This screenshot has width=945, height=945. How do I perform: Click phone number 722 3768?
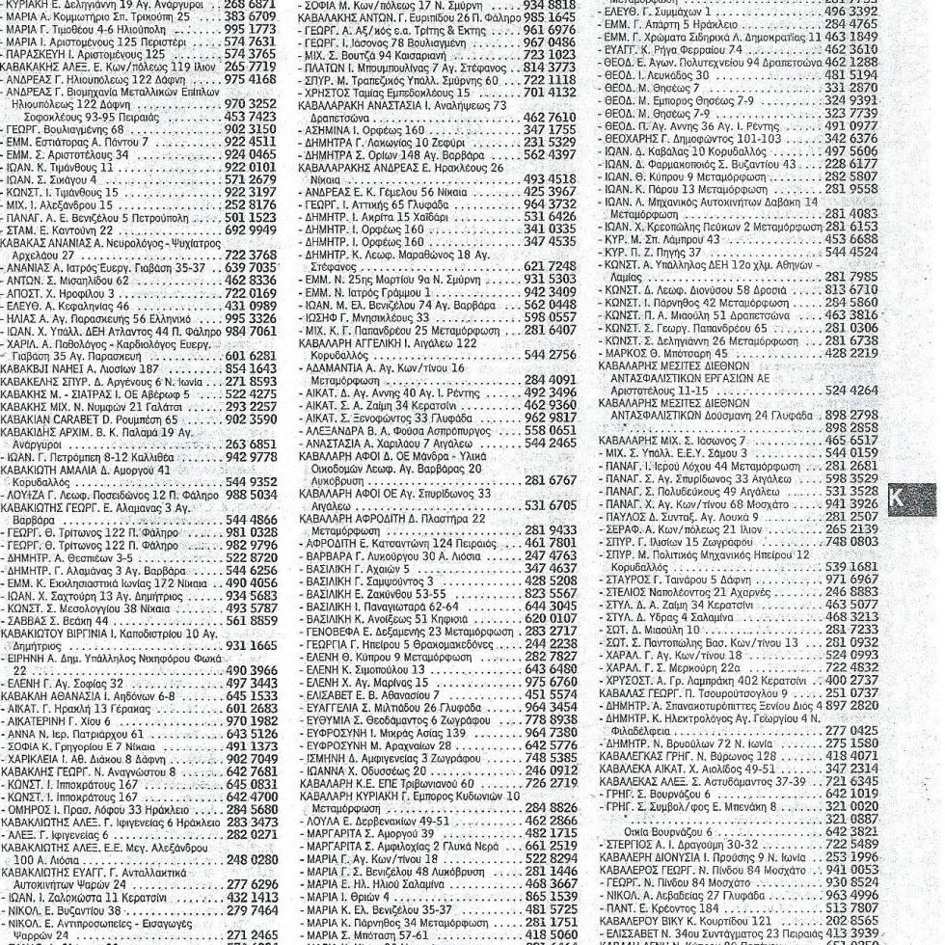(249, 255)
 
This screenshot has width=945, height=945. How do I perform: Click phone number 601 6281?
(249, 356)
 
